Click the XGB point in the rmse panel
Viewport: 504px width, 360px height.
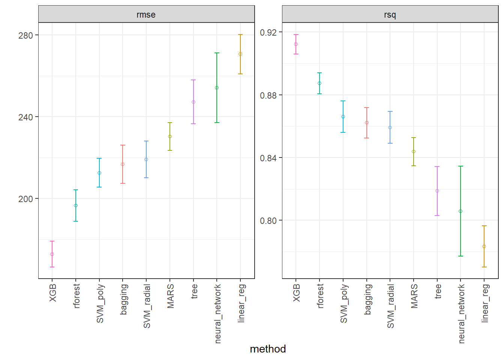tap(52, 254)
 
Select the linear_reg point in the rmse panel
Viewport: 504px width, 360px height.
tap(240, 54)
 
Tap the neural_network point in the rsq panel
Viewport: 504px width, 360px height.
tap(460, 211)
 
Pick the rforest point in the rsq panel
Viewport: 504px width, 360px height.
tap(319, 83)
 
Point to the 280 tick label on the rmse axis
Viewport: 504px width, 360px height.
tap(25, 35)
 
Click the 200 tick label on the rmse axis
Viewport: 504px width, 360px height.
tap(25, 199)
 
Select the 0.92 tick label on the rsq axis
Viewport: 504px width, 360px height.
tap(268, 32)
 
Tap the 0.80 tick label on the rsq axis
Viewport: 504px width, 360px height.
tap(268, 220)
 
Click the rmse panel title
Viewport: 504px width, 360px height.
tap(146, 15)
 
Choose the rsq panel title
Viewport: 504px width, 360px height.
tap(390, 15)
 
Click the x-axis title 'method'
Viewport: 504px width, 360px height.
tap(268, 349)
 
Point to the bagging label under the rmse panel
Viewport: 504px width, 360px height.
tap(123, 299)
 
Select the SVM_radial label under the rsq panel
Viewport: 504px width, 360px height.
tap(390, 306)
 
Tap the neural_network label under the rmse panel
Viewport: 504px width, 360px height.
tap(217, 313)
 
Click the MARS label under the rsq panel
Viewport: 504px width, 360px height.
tap(414, 296)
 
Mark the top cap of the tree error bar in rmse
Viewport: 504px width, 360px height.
tap(193, 80)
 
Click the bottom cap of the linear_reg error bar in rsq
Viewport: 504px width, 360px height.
tap(484, 267)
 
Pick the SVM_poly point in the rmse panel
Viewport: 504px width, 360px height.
tap(99, 173)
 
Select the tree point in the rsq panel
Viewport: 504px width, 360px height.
tap(437, 191)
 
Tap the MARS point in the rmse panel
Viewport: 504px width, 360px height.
tap(170, 136)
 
